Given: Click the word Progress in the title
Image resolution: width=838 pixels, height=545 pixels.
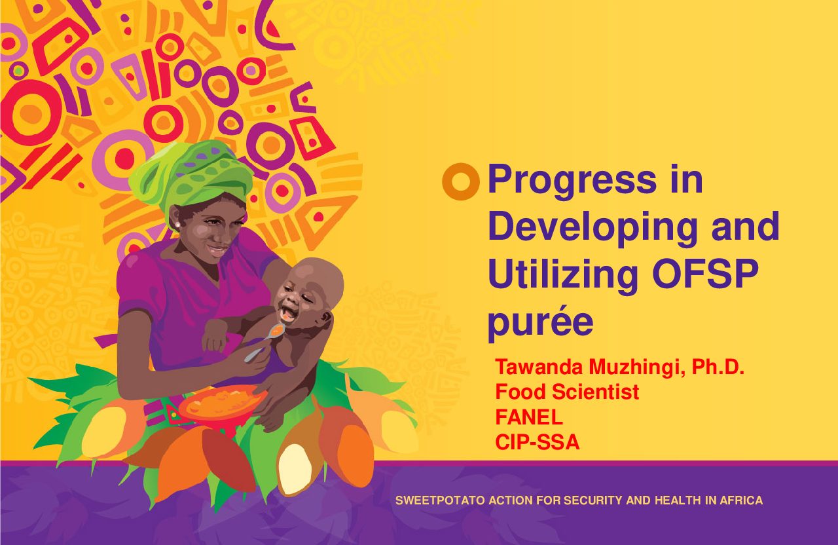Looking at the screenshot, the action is (x=572, y=181).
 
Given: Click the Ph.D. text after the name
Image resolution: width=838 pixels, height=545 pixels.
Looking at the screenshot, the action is (x=718, y=367).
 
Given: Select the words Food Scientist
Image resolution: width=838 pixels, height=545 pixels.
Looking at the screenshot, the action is (x=567, y=392).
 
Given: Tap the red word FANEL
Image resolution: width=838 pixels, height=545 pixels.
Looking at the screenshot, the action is (x=529, y=417).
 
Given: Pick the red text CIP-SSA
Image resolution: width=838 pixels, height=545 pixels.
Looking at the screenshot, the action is (x=537, y=442).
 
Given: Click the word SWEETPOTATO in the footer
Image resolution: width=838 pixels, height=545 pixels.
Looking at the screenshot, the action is (x=440, y=500).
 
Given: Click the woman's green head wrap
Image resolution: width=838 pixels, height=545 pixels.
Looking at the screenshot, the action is (x=191, y=176).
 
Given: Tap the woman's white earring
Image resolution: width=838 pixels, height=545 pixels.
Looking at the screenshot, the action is (x=177, y=225).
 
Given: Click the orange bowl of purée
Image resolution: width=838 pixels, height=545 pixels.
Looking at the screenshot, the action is (x=223, y=405).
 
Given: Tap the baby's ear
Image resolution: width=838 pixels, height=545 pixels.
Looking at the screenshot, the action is (x=326, y=319).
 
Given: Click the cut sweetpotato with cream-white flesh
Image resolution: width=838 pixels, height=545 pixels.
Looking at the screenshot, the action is (x=295, y=470).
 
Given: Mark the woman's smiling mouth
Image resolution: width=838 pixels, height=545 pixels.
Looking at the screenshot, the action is (x=218, y=250).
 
